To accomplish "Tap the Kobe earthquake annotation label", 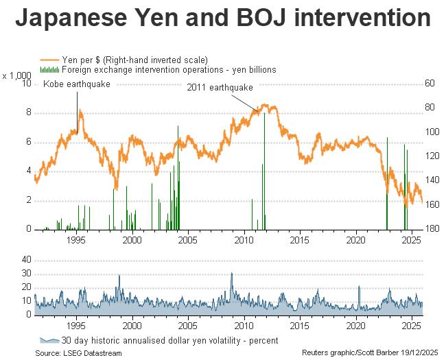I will [76, 84].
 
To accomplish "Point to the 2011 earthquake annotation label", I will [220, 88].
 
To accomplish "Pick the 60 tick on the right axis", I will [430, 84].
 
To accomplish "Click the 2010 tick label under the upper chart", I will [244, 240].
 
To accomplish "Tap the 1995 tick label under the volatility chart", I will [76, 326].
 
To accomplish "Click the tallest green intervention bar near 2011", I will [264, 171].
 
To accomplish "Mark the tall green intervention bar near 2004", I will [178, 178].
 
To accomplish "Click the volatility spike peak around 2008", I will [231, 274].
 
